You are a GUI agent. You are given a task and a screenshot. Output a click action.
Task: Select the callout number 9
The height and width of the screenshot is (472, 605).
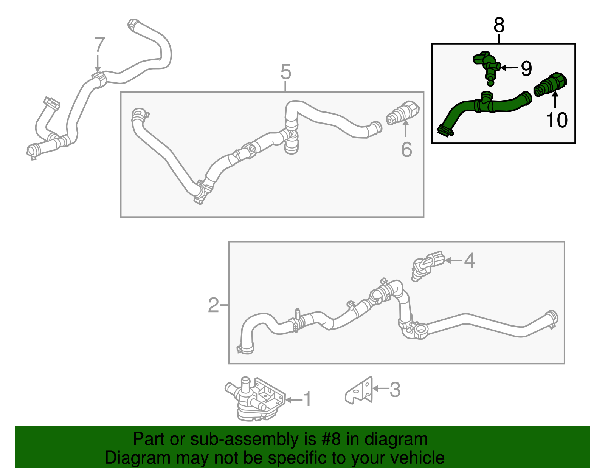(x=526, y=68)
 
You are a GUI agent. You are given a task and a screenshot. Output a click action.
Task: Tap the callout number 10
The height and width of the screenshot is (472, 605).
(x=557, y=120)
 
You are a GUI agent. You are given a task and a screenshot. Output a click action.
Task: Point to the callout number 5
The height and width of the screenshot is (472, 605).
(x=285, y=72)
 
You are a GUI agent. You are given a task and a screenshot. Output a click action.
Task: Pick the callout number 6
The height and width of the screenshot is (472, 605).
(x=406, y=150)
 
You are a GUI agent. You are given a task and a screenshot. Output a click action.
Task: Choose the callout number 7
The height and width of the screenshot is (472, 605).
(x=100, y=45)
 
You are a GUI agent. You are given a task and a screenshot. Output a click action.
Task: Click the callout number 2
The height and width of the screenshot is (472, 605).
(x=214, y=305)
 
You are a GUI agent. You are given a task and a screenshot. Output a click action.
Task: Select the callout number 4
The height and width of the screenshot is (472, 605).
(x=469, y=261)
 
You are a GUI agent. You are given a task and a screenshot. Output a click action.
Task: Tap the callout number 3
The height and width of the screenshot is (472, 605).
(x=395, y=389)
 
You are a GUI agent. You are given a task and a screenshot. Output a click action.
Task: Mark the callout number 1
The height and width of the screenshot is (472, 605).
(x=307, y=399)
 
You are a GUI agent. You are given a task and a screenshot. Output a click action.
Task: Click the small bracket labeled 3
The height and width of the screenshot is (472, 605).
(x=358, y=390)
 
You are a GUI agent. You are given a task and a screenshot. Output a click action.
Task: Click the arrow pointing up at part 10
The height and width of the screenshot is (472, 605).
(x=555, y=100)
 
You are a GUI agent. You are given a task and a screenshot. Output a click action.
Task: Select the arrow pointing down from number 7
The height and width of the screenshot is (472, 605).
(x=98, y=63)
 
